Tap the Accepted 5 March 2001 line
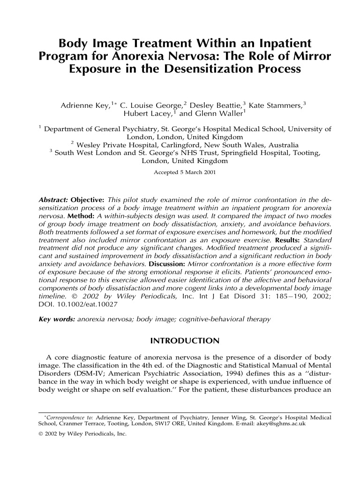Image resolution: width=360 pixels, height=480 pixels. (x=185, y=172)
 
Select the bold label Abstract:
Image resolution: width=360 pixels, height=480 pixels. (x=52, y=199)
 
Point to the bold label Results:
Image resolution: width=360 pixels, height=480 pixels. (x=285, y=239)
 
